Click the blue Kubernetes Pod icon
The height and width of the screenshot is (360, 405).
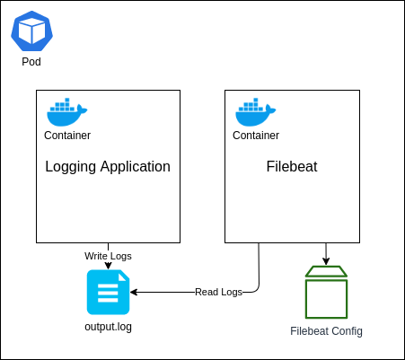click(31, 31)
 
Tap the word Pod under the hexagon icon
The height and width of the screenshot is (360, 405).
click(31, 62)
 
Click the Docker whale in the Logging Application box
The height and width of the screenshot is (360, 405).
click(66, 112)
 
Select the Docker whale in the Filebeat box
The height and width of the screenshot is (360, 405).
click(255, 112)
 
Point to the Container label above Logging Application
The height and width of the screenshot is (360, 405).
click(67, 136)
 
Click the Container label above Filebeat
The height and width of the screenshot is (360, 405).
click(256, 136)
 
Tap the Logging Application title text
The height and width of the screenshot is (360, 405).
click(108, 167)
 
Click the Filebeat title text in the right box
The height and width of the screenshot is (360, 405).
click(292, 166)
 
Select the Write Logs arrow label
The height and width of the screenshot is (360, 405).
click(108, 256)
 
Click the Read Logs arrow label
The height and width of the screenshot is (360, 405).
click(218, 292)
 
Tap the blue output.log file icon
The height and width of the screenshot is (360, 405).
click(108, 292)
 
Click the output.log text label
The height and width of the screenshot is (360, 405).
click(108, 327)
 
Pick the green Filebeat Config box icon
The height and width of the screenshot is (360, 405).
click(326, 292)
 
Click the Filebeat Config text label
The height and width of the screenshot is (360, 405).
click(326, 331)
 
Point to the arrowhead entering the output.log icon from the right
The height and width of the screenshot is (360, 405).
click(134, 292)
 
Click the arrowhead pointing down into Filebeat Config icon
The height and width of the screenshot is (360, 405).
click(326, 261)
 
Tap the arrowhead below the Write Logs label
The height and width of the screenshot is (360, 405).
click(108, 266)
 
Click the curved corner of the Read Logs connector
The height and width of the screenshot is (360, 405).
click(256, 289)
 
